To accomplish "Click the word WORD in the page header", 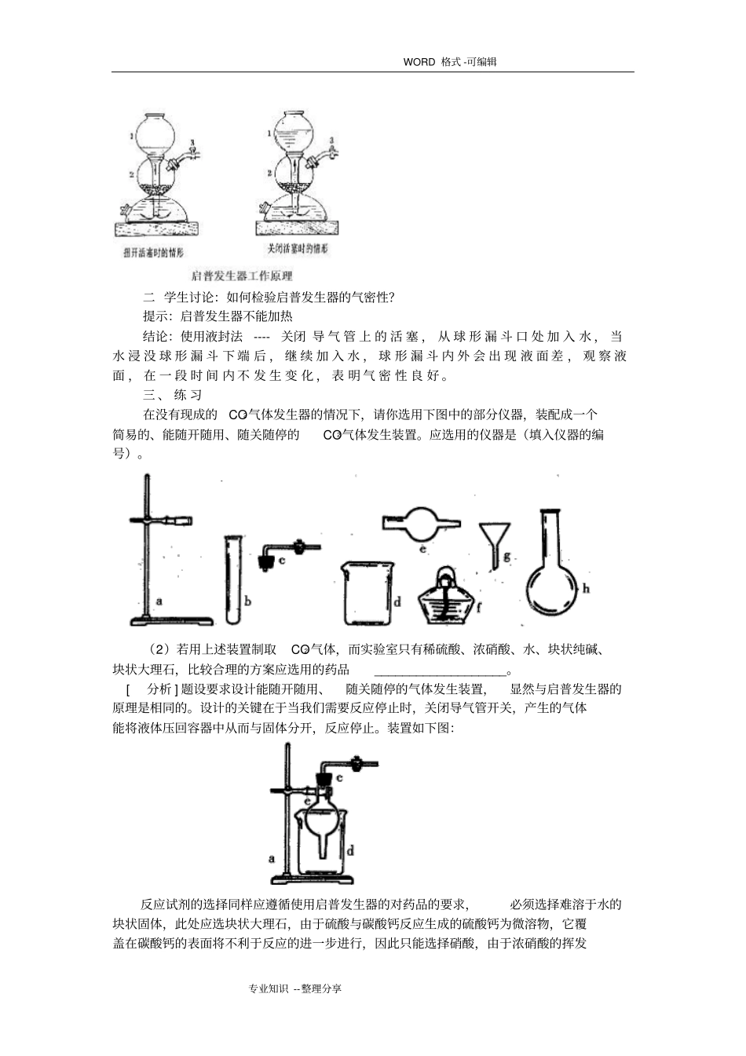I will pos(419,62).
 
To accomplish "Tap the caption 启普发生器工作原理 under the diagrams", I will pos(242,276).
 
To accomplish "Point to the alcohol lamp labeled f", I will pos(445,594).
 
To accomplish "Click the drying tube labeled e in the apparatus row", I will pos(422,524).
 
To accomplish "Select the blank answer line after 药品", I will pos(440,670).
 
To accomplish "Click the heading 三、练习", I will pos(172,395).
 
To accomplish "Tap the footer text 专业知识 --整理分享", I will pos(294,988).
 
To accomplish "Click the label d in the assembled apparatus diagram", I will pos(349,850).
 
